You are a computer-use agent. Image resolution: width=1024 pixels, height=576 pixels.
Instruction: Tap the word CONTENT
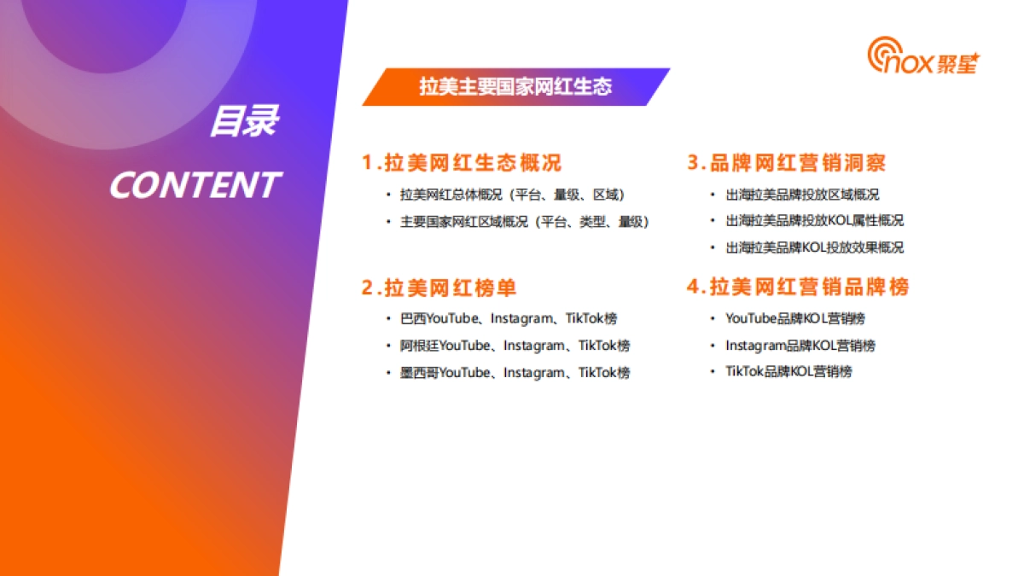click(x=195, y=185)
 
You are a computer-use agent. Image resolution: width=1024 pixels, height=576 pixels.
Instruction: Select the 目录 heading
click(x=243, y=121)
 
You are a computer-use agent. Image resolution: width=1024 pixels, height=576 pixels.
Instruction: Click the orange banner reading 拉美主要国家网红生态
click(x=515, y=87)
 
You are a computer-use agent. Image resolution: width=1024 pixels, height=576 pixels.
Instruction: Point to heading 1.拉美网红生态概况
click(x=462, y=162)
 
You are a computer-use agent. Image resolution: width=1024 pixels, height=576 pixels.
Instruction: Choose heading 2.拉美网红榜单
click(x=439, y=288)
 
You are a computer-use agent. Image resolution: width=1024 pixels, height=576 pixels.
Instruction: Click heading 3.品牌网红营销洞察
click(x=787, y=162)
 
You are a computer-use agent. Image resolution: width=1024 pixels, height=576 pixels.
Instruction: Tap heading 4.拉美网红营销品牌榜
click(x=798, y=287)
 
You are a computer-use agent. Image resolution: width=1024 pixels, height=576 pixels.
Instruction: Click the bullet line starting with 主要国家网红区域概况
click(x=525, y=222)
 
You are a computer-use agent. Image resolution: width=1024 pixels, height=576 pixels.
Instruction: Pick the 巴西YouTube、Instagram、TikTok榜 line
click(x=509, y=318)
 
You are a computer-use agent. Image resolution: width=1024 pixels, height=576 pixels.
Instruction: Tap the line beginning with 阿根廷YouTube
click(x=515, y=346)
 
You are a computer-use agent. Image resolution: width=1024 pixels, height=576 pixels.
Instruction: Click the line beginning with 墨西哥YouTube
click(x=515, y=373)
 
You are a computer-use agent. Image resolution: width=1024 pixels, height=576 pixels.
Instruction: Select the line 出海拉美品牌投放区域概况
click(x=802, y=195)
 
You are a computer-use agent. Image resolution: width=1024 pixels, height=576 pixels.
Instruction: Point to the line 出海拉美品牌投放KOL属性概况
click(x=814, y=220)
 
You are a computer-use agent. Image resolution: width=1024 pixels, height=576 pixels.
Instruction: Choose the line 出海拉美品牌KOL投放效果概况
click(x=814, y=247)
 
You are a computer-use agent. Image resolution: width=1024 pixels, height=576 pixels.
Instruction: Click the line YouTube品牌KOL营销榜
click(x=795, y=318)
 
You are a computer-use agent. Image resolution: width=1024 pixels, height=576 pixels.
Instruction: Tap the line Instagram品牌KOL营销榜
click(x=800, y=346)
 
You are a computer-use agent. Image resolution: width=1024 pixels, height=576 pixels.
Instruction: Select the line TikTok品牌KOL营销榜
click(x=788, y=371)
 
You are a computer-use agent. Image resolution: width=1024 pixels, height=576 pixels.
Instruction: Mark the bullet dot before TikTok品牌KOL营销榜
click(x=714, y=372)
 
